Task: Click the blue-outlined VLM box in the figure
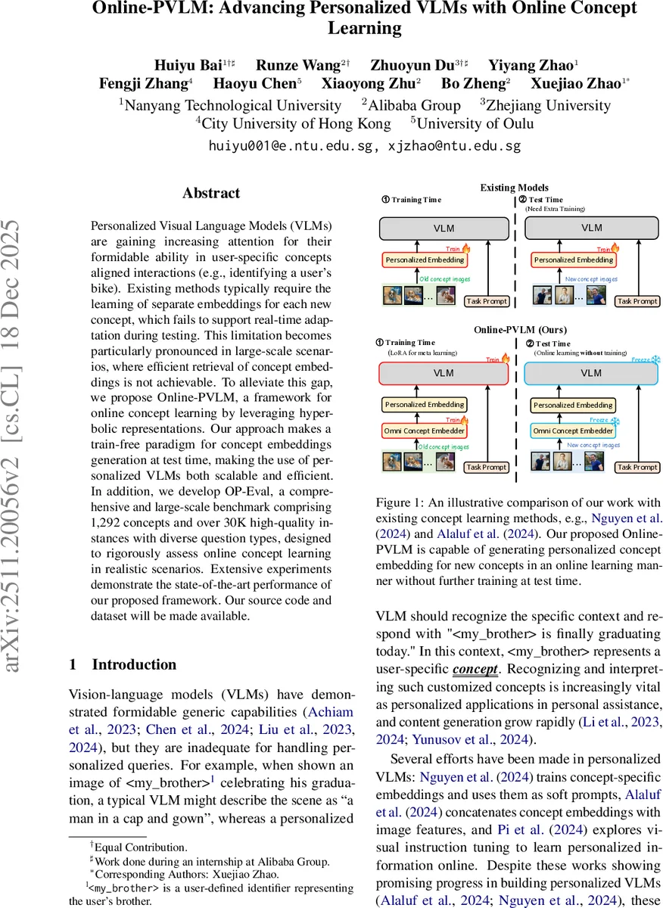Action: (592, 373)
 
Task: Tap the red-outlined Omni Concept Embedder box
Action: (425, 431)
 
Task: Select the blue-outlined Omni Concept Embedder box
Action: (573, 431)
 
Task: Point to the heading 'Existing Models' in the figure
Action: (514, 188)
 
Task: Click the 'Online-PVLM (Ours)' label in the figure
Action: (514, 330)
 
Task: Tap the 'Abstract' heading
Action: (211, 193)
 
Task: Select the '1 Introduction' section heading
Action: (123, 664)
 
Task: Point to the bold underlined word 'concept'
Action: (475, 669)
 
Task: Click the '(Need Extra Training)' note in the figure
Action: (556, 208)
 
